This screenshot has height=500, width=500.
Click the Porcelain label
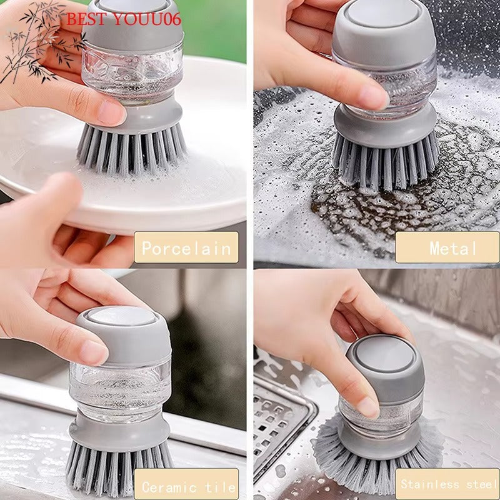(186, 247)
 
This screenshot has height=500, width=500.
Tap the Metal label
(447, 247)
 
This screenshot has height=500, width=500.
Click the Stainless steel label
(447, 484)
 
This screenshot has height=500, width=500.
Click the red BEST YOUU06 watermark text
(123, 19)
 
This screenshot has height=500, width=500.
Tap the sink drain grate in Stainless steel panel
(281, 419)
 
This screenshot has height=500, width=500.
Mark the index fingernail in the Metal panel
(373, 97)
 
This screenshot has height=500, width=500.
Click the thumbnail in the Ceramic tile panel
(94, 352)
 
